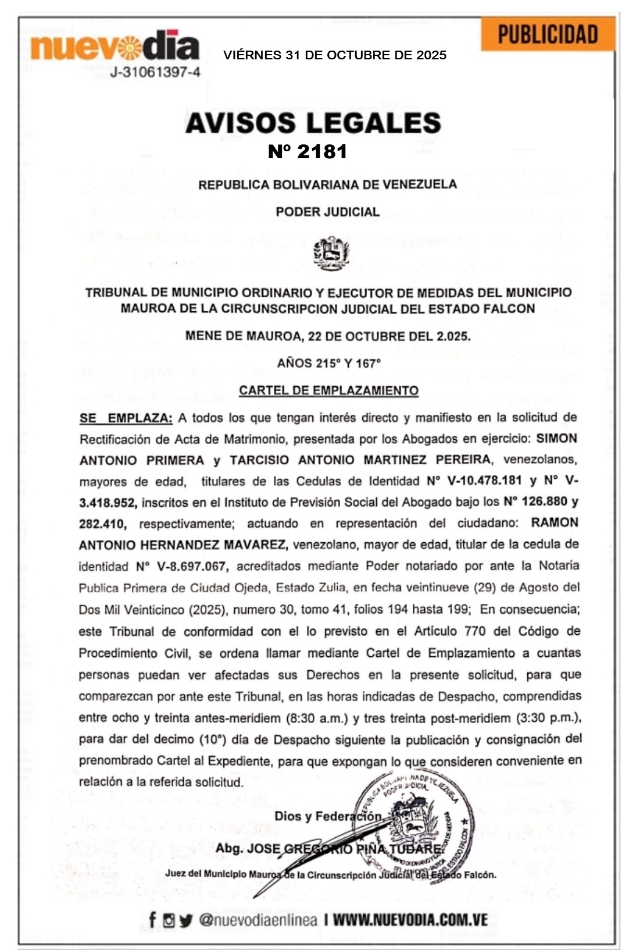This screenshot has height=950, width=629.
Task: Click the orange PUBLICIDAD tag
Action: [x=548, y=34]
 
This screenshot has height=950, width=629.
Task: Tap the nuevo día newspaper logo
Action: [x=115, y=48]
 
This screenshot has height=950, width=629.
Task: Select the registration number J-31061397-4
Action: [x=155, y=72]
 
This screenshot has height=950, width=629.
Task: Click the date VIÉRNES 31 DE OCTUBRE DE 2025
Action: [x=335, y=55]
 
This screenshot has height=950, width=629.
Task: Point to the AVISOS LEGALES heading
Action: [x=313, y=123]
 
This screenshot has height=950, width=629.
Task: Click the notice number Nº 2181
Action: [x=308, y=151]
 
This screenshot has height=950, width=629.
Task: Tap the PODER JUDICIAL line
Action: [x=327, y=212]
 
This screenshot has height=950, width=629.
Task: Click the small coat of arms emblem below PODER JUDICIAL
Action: [x=331, y=252]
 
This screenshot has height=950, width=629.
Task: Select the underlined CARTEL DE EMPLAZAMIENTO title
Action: [x=328, y=390]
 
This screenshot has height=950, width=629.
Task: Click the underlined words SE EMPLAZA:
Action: [x=126, y=418]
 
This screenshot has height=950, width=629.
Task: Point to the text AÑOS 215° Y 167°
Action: [x=328, y=363]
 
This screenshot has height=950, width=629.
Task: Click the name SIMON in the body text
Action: [x=556, y=439]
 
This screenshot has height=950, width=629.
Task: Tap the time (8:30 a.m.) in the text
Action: [x=317, y=718]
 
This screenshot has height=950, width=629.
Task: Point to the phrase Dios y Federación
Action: [x=328, y=816]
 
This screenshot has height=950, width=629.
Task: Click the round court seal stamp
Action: [x=414, y=826]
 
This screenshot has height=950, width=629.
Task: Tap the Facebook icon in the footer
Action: [x=152, y=920]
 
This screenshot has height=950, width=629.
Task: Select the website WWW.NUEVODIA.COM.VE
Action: [x=410, y=920]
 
